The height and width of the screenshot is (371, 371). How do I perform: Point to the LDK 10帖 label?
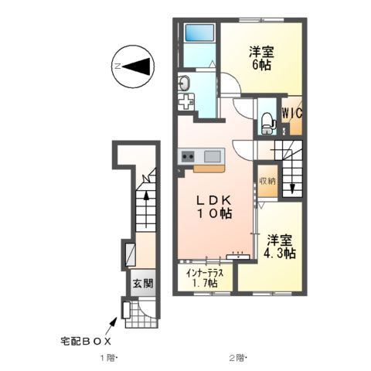(211, 205)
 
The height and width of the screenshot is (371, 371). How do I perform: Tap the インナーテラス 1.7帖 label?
(204, 277)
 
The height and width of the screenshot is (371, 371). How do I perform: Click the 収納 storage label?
(266, 180)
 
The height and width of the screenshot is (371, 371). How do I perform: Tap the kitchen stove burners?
(187, 158)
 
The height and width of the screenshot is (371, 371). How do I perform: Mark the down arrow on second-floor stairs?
(292, 186)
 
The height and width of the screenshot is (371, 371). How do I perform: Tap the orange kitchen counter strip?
(208, 166)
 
